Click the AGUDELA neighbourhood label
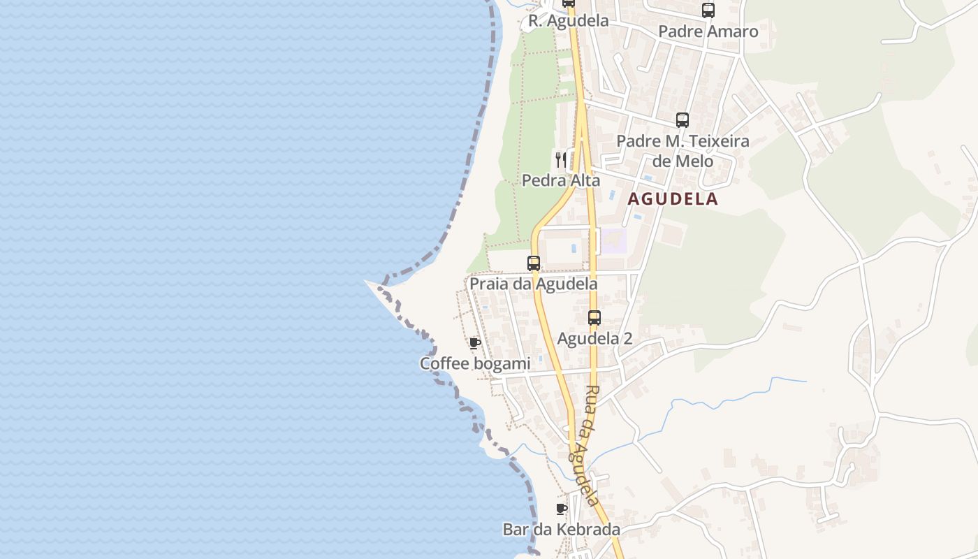[672, 199]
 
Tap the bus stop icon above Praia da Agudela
[534, 263]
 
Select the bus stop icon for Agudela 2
[594, 318]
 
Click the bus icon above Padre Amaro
[708, 10]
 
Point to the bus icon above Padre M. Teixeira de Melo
[682, 120]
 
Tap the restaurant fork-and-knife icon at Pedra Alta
[560, 159]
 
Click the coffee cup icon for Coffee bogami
[475, 342]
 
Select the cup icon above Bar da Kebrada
[561, 508]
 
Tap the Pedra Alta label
[561, 180]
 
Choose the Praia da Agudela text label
[533, 284]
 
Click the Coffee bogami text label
[474, 364]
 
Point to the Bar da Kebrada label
[561, 530]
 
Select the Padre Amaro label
[708, 31]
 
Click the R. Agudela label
[568, 21]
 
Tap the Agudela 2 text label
[594, 339]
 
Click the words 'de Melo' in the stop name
[683, 161]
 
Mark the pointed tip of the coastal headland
[367, 282]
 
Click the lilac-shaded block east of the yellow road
[613, 241]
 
